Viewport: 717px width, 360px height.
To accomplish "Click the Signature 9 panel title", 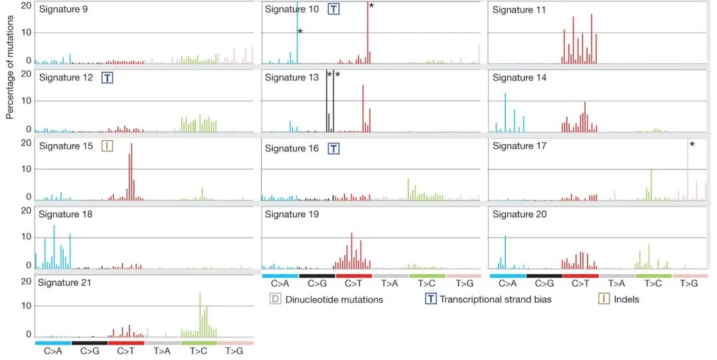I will pos(64,9).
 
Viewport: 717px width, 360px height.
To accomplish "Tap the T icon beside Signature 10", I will pos(334,9).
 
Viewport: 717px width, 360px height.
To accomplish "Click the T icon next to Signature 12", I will pos(107,78).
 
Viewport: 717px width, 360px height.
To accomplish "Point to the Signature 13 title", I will pos(291,78).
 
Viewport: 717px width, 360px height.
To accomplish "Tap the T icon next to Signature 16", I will pos(334,149).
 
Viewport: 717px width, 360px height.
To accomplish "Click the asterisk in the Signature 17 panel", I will pos(692,145).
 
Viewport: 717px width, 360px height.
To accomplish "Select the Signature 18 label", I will pos(66,215).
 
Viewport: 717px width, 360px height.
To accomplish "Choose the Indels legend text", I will pos(626,300).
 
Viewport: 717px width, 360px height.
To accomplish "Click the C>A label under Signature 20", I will pos(507,284).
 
